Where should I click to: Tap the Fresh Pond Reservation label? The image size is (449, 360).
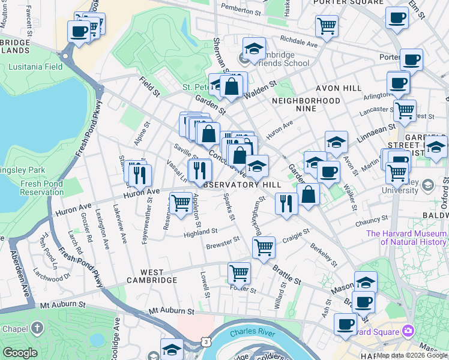(x=42, y=188)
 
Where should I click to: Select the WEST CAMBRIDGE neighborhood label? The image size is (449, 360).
(x=151, y=280)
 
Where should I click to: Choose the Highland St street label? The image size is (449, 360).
(x=200, y=231)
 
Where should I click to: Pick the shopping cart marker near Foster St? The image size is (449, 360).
(x=240, y=273)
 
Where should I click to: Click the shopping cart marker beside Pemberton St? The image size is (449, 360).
(x=327, y=25)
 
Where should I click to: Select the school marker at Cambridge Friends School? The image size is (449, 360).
(x=254, y=48)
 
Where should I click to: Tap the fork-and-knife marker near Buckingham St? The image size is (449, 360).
(x=286, y=203)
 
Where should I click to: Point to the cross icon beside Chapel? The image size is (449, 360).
(x=38, y=328)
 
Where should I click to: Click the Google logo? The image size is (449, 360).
(x=20, y=353)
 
